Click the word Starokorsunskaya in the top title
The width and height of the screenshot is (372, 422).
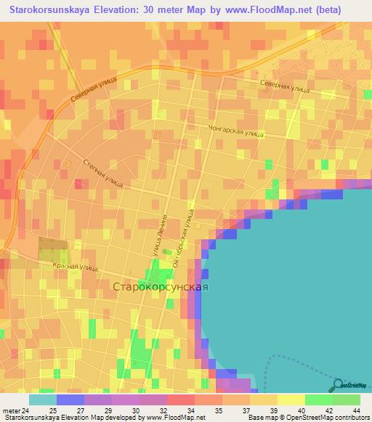pyautogui.click(x=47, y=9)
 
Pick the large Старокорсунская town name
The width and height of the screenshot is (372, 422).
pyautogui.click(x=161, y=287)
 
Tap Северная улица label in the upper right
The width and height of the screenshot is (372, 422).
pyautogui.click(x=285, y=86)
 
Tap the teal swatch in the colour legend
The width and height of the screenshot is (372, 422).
pyautogui.click(x=43, y=399)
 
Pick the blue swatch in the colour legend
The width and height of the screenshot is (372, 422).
pyautogui.click(x=70, y=399)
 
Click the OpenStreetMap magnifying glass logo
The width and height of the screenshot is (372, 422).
pyautogui.click(x=339, y=386)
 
